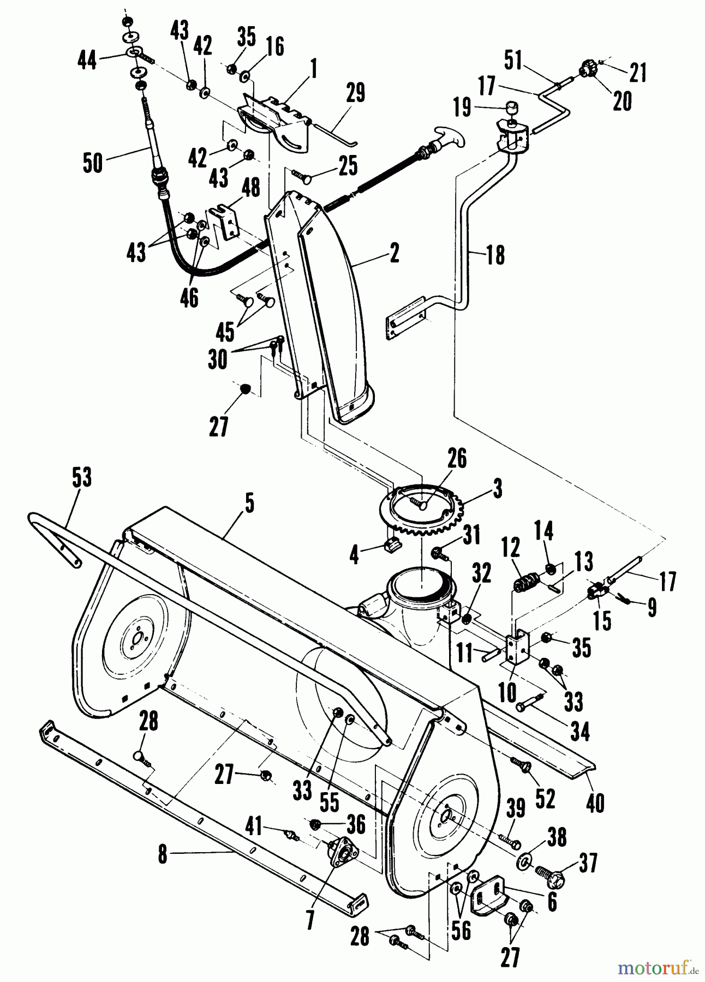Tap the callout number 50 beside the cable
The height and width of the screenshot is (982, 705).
(93, 163)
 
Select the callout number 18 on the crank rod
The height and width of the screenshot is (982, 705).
(495, 255)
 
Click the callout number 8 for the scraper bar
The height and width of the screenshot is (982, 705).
(162, 855)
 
